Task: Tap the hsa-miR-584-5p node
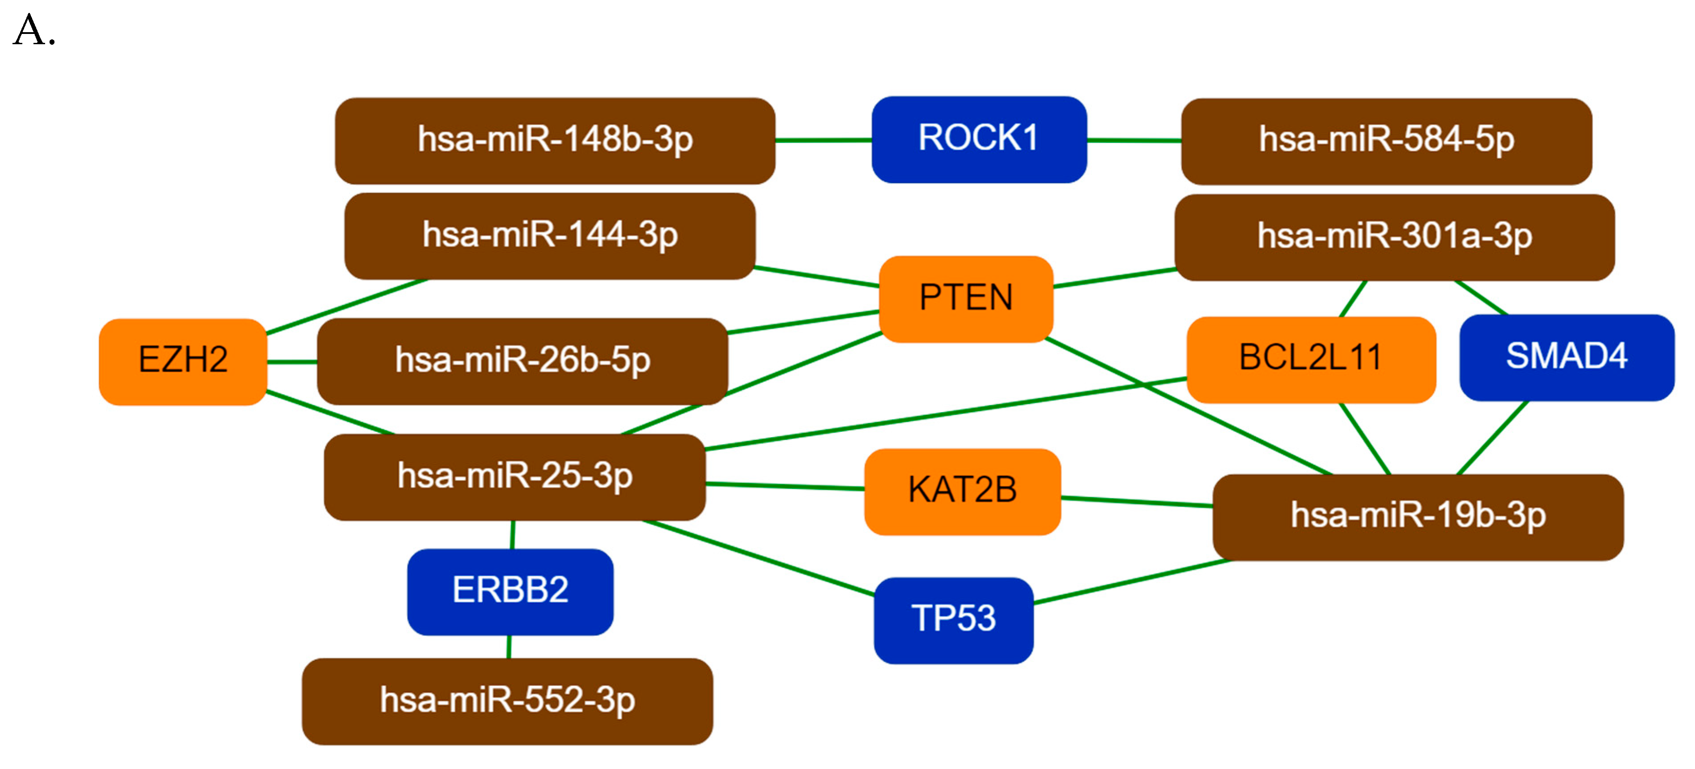tap(1386, 142)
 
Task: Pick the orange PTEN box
tap(965, 299)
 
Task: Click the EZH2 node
tap(183, 361)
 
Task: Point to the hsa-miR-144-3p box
tap(549, 236)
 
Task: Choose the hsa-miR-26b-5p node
tap(522, 361)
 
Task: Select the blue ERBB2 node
tap(510, 591)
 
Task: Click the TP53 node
tap(953, 620)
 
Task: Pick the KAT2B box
tap(962, 491)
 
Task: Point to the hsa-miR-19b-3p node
tap(1417, 517)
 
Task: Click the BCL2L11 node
tap(1310, 359)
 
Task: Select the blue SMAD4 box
tap(1566, 358)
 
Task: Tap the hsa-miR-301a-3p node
tap(1394, 237)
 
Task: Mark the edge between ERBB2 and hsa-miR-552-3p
tap(509, 647)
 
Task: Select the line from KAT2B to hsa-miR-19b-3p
tap(1136, 502)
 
